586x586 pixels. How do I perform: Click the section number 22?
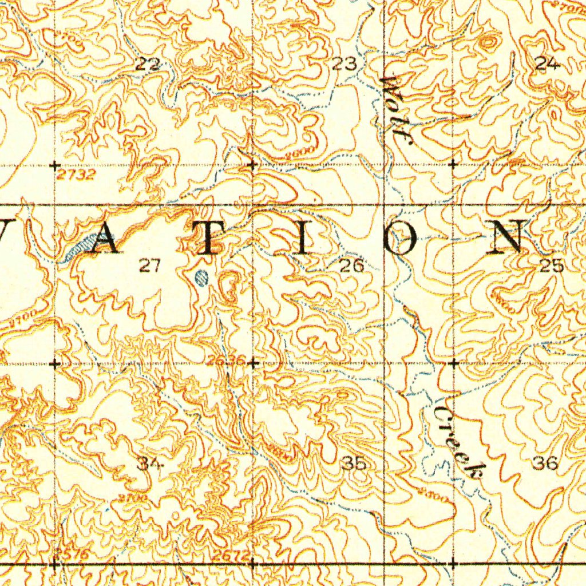[x=148, y=65]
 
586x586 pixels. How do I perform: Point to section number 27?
[x=150, y=265]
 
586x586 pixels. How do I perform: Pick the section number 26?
[x=351, y=265]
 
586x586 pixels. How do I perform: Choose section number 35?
[x=354, y=463]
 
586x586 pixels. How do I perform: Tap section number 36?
[x=545, y=463]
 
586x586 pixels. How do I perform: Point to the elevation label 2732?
[x=76, y=175]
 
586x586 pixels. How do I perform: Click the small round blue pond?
[x=201, y=278]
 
